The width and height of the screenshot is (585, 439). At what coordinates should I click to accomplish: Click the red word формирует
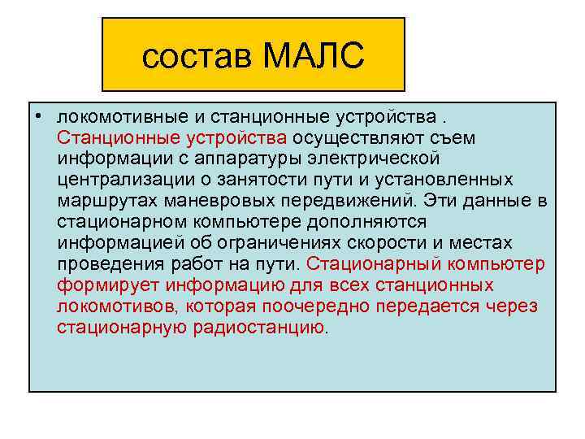click(109, 285)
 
